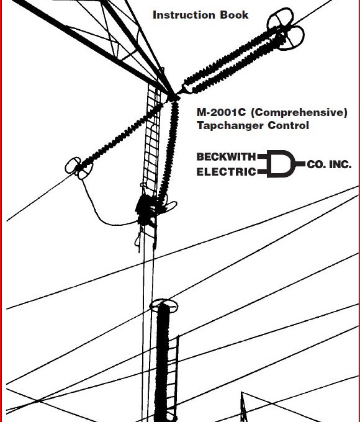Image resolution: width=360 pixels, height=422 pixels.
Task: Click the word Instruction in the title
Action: tap(184, 15)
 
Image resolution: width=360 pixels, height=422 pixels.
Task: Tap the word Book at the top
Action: tap(234, 15)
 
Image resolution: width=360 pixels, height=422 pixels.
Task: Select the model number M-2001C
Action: tap(221, 112)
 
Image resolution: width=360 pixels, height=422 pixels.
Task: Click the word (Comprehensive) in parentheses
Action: tap(299, 112)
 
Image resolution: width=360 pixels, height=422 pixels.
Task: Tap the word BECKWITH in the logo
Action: tap(226, 156)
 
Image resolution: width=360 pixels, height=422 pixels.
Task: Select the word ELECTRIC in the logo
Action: tap(226, 172)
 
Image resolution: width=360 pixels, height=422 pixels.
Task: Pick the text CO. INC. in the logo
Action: tap(329, 164)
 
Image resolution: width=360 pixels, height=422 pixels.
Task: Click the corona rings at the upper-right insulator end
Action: tap(286, 29)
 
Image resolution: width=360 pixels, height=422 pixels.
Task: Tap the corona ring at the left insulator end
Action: tap(79, 168)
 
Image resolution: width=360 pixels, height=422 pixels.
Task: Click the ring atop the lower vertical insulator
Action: tap(163, 306)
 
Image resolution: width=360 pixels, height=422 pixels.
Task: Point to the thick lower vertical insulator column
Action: tap(163, 362)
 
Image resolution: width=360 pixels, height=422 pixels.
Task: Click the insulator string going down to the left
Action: tap(121, 137)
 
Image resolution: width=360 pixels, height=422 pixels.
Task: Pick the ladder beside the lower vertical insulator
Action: tap(173, 378)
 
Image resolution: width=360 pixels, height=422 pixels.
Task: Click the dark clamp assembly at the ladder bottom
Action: tap(146, 210)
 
